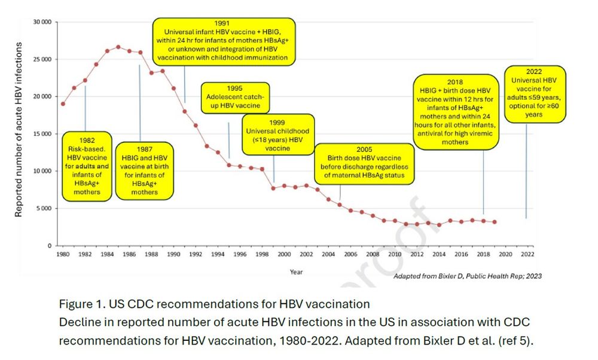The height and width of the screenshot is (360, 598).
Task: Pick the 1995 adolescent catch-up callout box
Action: coord(234,97)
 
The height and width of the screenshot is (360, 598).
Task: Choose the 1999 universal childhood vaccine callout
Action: coord(277,133)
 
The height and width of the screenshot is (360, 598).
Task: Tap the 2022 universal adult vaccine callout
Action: coord(535,94)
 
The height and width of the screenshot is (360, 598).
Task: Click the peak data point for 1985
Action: coord(118,47)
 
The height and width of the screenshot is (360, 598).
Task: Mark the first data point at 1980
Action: coord(63,103)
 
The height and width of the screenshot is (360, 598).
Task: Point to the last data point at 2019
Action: coord(495,222)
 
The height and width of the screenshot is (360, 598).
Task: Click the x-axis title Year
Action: coord(296,272)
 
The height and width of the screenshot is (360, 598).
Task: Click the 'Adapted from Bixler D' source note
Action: coord(468,276)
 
